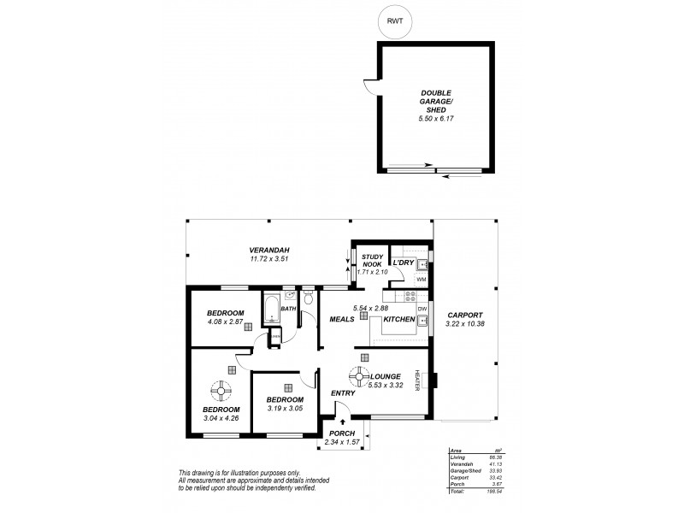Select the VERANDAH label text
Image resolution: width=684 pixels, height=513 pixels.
pyautogui.click(x=270, y=250)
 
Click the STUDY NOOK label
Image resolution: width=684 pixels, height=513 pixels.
pyautogui.click(x=372, y=261)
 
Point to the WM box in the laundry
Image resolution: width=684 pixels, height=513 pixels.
pyautogui.click(x=421, y=280)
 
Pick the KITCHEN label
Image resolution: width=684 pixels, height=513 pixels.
pyautogui.click(x=398, y=319)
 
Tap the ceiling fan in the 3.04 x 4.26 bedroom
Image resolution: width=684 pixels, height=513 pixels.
pyautogui.click(x=221, y=392)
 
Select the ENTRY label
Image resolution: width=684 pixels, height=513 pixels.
pyautogui.click(x=343, y=393)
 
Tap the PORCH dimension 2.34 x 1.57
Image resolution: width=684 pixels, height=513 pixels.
pyautogui.click(x=342, y=442)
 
